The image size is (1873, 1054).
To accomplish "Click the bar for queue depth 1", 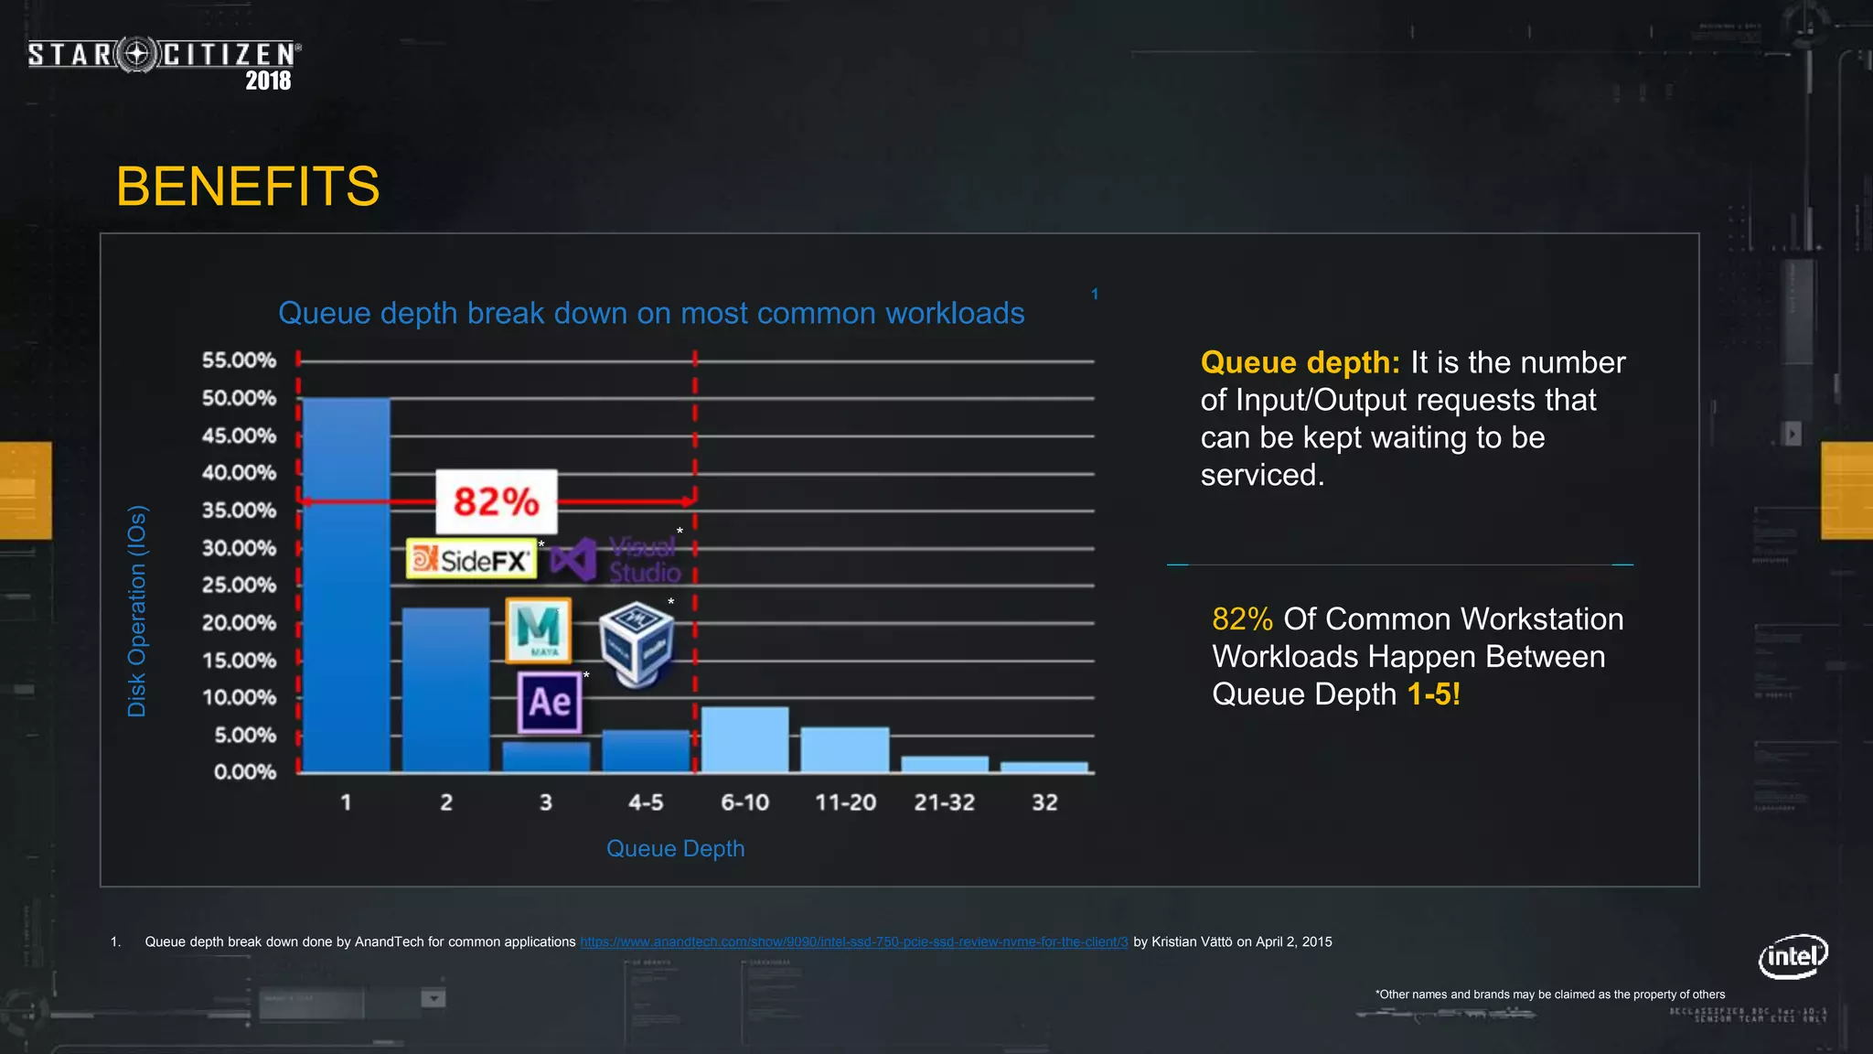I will tap(346, 586).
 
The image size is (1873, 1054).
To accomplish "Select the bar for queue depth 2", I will tap(445, 691).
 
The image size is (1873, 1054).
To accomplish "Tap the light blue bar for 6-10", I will tap(744, 739).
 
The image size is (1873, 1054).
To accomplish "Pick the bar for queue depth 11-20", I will tap(844, 749).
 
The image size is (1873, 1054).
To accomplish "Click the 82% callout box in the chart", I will tap(496, 501).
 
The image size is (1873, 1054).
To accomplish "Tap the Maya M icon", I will tap(538, 629).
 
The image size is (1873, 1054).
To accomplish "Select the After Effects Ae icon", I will tap(549, 702).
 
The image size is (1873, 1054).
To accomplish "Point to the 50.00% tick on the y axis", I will tap(239, 398).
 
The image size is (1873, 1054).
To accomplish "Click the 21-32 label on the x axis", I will tap(944, 802).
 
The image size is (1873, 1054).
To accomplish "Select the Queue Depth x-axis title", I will tap(675, 848).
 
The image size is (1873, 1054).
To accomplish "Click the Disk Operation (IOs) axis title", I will tap(136, 611).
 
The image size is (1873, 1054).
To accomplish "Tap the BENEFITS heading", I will tap(247, 187).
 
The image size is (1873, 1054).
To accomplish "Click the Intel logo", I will tap(1793, 956).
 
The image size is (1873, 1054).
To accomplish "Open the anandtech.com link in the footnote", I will tap(853, 941).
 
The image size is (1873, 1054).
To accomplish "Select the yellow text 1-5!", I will tap(1433, 694).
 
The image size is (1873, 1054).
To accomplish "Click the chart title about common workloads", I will tap(651, 313).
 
